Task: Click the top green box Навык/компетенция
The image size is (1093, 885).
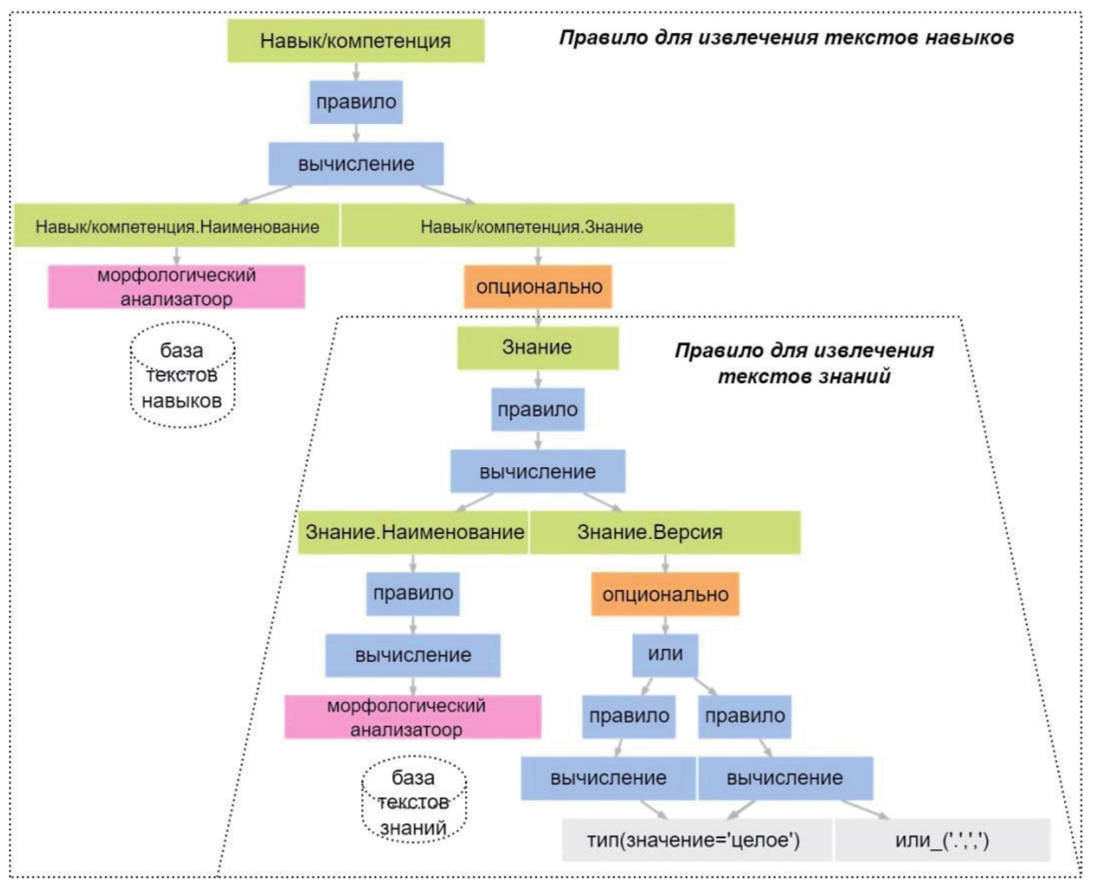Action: (x=356, y=41)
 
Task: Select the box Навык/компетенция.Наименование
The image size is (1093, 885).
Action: (x=177, y=226)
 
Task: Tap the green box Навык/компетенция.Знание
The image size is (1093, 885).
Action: (x=537, y=226)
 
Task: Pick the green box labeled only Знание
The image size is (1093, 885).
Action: (x=537, y=348)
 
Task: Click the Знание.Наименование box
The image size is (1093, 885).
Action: (x=413, y=532)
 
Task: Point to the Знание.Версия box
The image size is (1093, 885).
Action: (x=665, y=532)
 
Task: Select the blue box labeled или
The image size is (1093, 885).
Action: (x=665, y=654)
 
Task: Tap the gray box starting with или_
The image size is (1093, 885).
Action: (x=941, y=840)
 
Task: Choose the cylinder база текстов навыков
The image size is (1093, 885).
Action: (x=182, y=376)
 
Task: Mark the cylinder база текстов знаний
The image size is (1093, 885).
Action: (x=414, y=802)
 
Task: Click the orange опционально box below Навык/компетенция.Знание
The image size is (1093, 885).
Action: (x=538, y=287)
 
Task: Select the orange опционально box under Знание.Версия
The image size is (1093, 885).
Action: (x=665, y=594)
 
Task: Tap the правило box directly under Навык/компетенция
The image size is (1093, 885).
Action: (x=356, y=102)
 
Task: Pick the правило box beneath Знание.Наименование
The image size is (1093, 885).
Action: (x=412, y=594)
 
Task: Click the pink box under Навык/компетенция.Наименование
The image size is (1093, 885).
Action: (x=176, y=287)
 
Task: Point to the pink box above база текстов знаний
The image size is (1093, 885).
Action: (x=412, y=717)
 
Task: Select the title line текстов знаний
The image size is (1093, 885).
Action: (x=804, y=377)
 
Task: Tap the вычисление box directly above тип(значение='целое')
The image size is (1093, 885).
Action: (x=608, y=778)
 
